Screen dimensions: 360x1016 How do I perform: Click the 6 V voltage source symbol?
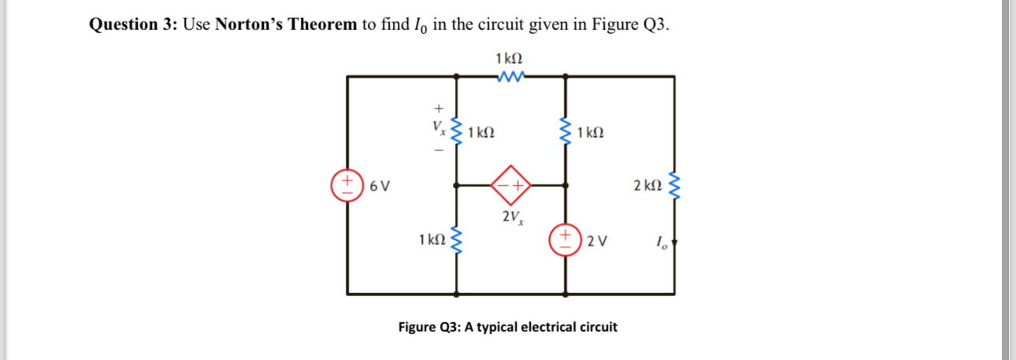(347, 186)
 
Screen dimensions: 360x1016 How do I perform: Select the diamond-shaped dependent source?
(510, 186)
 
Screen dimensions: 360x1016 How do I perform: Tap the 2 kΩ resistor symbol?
(674, 186)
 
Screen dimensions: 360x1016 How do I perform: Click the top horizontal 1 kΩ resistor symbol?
(510, 76)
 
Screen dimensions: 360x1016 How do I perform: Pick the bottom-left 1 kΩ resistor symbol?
(455, 239)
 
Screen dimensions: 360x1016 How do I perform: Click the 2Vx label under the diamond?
(510, 217)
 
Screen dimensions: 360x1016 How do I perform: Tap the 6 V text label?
(380, 187)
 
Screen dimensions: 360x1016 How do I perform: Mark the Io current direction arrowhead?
(674, 243)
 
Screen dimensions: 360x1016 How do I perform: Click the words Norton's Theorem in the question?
(286, 24)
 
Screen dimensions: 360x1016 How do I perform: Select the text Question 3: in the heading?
(133, 24)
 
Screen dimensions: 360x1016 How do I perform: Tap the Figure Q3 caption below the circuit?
(508, 326)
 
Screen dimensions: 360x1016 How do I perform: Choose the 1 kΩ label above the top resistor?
(510, 58)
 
